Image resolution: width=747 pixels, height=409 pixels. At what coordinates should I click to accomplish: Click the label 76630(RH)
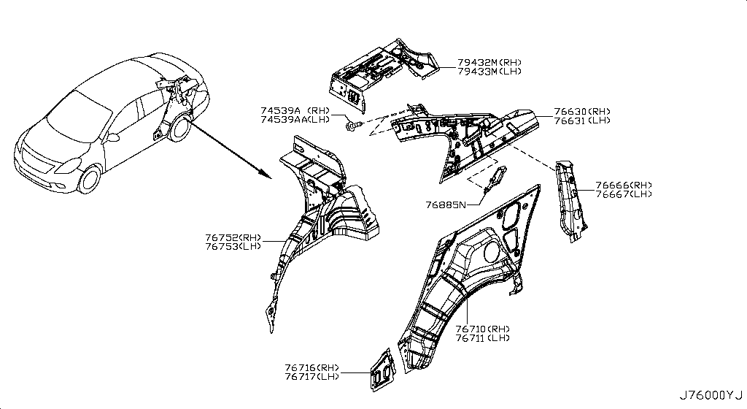pos(581,111)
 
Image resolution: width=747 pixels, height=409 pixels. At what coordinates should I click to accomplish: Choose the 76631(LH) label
pos(581,121)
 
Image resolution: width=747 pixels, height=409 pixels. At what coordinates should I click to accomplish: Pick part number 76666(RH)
pos(623,186)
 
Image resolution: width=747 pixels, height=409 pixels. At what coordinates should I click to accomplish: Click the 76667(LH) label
pos(623,194)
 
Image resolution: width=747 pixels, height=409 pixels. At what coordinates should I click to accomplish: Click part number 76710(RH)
pos(482,329)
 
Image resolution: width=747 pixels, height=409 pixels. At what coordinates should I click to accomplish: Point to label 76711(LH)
pos(482,338)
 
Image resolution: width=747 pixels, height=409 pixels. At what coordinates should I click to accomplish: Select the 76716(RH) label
pos(313,367)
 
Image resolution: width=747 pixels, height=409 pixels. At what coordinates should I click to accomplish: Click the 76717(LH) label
pos(313,377)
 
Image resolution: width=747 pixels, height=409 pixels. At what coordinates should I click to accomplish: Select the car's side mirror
pos(115,137)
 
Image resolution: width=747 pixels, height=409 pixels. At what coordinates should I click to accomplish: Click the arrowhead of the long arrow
pos(268,175)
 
